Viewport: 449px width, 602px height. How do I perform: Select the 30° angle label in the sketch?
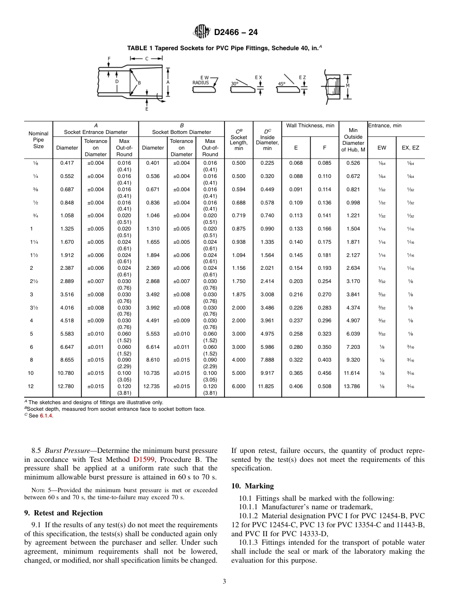[x=234, y=83]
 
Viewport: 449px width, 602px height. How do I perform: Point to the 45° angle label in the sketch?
[x=282, y=84]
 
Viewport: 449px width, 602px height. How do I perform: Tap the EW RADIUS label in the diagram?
[x=201, y=80]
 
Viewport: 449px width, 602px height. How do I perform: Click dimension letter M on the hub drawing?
[x=348, y=86]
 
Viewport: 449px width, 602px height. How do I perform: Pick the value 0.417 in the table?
[x=67, y=163]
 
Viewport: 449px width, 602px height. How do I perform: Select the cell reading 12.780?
[x=67, y=386]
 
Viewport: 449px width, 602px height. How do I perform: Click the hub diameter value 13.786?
[x=353, y=386]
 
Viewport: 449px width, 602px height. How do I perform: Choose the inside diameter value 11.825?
[x=267, y=386]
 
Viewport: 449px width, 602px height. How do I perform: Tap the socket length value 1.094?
[x=239, y=256]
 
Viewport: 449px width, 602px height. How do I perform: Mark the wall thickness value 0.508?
[x=324, y=386]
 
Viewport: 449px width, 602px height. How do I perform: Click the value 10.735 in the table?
[x=153, y=373]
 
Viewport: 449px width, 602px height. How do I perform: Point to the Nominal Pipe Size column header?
[x=38, y=140]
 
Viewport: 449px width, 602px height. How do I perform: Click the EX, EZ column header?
[x=410, y=148]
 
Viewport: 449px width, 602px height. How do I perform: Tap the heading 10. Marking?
[x=252, y=486]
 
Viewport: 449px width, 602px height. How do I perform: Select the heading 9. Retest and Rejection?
[x=63, y=513]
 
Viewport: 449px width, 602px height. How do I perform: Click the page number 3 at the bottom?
[x=224, y=582]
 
